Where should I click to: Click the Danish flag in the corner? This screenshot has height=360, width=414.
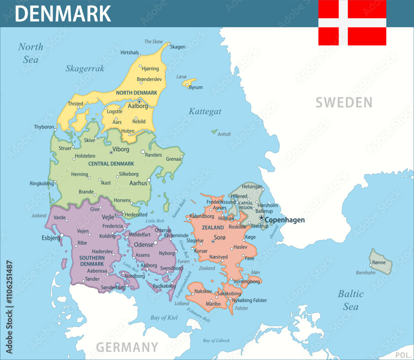pos(352,22)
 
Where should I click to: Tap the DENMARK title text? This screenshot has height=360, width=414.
pos(63,13)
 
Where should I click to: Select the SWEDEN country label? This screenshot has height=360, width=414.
pos(344,102)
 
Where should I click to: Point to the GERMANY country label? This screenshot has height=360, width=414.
pos(127,347)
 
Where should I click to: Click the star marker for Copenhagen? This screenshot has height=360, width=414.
pos(261,217)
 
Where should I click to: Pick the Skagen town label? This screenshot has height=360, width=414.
pos(178,47)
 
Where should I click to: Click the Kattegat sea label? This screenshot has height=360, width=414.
pos(205,111)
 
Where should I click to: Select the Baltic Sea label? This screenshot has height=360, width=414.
pos(351,300)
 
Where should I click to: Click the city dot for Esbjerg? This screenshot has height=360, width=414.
pos(62,235)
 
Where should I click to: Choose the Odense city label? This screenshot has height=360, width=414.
pos(144,245)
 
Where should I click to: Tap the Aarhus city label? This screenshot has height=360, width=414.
pos(138,183)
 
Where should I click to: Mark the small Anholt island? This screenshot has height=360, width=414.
pos(214,132)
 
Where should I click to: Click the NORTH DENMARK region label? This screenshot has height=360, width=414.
pos(137,93)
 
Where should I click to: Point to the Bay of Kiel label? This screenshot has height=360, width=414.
pos(164,318)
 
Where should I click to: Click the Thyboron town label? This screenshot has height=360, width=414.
pos(44,127)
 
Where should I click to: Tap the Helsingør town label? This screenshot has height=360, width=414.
pos(252,187)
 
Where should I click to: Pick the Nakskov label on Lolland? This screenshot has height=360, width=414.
pos(203,291)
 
